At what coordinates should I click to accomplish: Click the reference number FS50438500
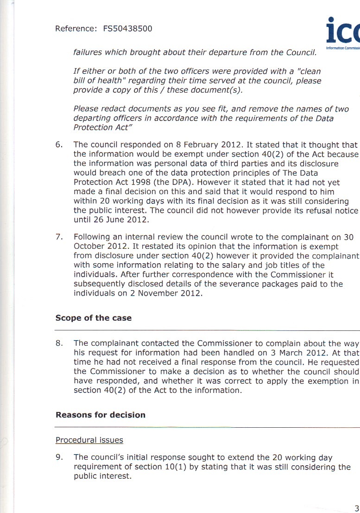click(x=127, y=29)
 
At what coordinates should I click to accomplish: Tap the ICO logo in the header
click(x=343, y=32)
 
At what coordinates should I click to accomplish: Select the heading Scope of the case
click(x=94, y=318)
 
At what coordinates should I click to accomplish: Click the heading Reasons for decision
click(x=101, y=415)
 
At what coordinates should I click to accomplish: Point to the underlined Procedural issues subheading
click(x=89, y=440)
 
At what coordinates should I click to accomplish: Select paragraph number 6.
click(x=59, y=145)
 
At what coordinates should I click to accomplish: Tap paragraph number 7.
click(x=59, y=237)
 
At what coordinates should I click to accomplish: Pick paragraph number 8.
click(x=59, y=343)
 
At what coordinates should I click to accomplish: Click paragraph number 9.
click(x=59, y=457)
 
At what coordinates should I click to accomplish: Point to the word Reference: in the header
click(x=75, y=29)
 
